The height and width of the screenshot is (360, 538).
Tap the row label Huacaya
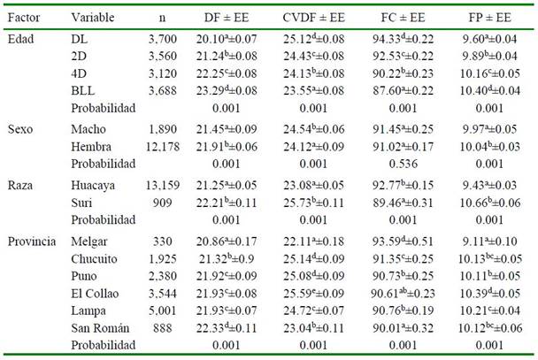[x=94, y=185]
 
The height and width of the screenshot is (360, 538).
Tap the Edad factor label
[x=20, y=39]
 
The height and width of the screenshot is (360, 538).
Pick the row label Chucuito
[x=95, y=259]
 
